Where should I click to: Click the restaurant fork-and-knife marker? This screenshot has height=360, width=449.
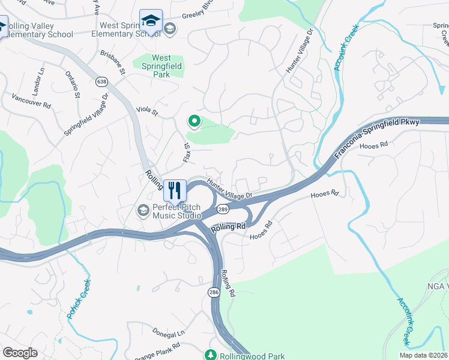[175, 191]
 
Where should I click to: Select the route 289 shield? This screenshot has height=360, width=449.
[223, 209]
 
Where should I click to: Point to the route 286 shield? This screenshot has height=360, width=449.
[214, 292]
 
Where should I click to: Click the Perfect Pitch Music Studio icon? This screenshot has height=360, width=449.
[143, 210]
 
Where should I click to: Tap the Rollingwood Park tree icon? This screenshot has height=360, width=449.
[211, 355]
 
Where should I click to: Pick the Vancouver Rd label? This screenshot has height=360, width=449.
[32, 101]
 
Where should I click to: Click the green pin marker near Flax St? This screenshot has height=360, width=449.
[194, 121]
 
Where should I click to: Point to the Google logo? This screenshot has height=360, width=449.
[20, 353]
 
